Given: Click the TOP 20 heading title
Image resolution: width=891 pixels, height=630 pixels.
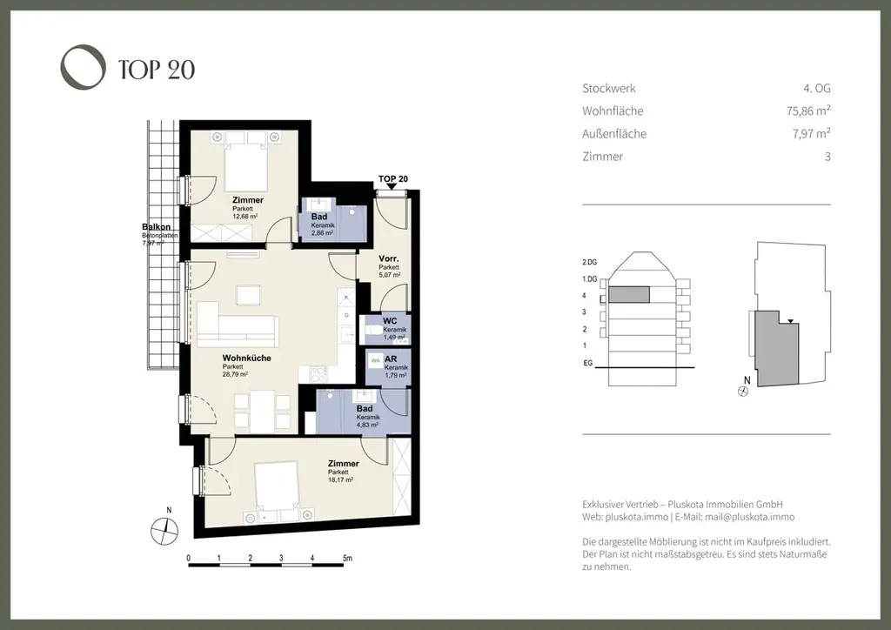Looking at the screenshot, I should pyautogui.click(x=157, y=70).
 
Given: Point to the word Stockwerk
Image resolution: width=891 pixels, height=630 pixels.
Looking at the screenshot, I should pyautogui.click(x=608, y=88).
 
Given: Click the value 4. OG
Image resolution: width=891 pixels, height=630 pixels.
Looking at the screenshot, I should pyautogui.click(x=817, y=88).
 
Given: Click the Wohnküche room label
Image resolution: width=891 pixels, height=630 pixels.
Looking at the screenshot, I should pyautogui.click(x=246, y=358).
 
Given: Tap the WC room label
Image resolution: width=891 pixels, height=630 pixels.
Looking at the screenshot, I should pyautogui.click(x=390, y=321).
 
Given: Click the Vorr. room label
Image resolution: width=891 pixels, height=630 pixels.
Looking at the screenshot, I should pyautogui.click(x=389, y=259).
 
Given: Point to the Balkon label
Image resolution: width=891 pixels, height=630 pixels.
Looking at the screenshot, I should pyautogui.click(x=156, y=227).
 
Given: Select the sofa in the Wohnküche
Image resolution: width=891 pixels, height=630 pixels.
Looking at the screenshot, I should pyautogui.click(x=236, y=327).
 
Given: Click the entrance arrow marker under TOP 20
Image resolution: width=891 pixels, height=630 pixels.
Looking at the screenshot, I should pyautogui.click(x=392, y=186).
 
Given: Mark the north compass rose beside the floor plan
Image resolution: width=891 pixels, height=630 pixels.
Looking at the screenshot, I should pyautogui.click(x=164, y=527).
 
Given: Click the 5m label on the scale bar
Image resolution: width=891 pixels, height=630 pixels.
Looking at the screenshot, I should pyautogui.click(x=347, y=557).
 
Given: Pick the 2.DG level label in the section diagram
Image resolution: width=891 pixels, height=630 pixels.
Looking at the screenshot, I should pyautogui.click(x=590, y=262).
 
